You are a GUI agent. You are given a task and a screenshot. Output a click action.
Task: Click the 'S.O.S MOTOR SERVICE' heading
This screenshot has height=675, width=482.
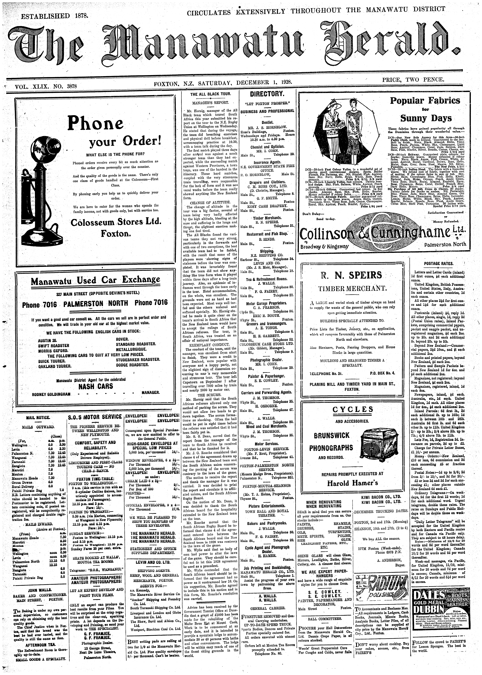pyautogui.click(x=95, y=417)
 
